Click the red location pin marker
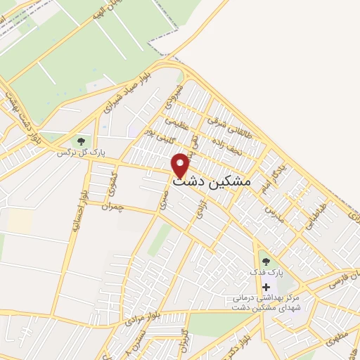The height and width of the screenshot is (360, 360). [x=181, y=165]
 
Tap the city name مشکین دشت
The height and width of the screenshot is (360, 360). [x=211, y=181]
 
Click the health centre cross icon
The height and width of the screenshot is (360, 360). [x=266, y=286]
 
